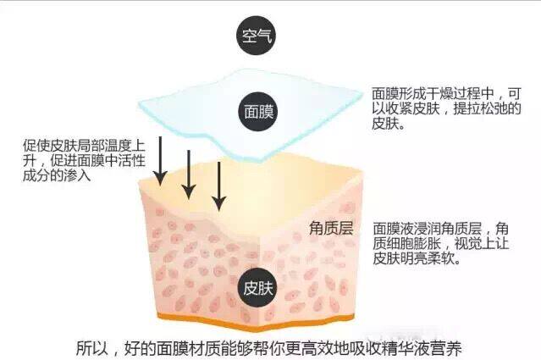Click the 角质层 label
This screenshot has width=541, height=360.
pos(332,229)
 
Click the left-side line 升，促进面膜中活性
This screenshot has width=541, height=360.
pos(78,161)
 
